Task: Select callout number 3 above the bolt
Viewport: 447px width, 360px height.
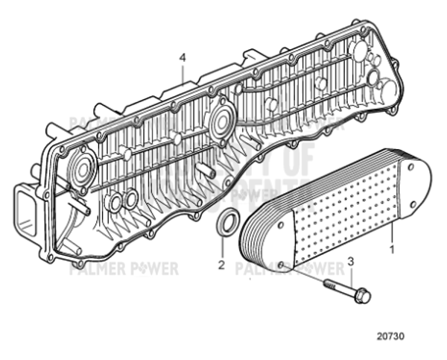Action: [349, 262]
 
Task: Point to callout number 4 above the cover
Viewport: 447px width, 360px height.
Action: [182, 57]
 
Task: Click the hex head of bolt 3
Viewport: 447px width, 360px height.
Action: [363, 296]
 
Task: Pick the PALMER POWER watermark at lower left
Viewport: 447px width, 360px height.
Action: [123, 268]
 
